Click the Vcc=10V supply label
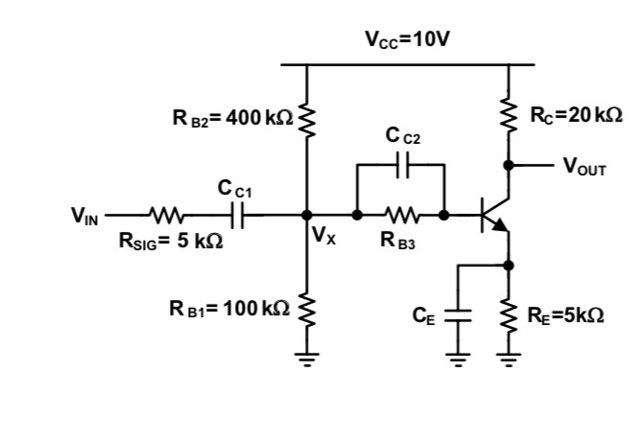[408, 39]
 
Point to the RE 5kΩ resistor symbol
[509, 314]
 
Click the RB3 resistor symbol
[400, 216]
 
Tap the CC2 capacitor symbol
[400, 165]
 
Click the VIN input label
[83, 216]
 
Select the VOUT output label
[584, 166]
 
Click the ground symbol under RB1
[307, 360]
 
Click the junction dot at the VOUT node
[509, 165]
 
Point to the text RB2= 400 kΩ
[232, 119]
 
